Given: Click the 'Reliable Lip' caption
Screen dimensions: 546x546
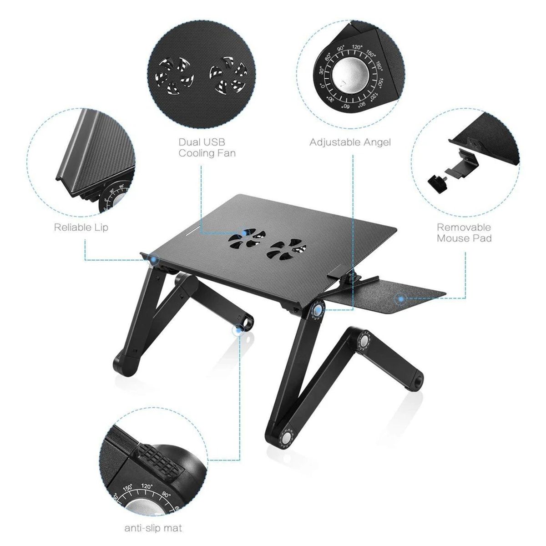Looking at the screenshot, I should [x=81, y=227].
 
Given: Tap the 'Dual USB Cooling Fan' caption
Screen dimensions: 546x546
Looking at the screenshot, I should [x=207, y=148].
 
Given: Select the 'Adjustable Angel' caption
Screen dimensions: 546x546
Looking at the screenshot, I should [x=350, y=142].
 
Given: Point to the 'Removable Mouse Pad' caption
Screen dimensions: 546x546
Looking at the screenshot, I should [x=464, y=233].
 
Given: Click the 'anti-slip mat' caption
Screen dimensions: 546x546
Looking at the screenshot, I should [x=153, y=528].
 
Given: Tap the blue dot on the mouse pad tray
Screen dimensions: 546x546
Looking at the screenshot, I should [x=401, y=299].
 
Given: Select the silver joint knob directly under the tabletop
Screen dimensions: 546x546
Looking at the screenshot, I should [x=316, y=311].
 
